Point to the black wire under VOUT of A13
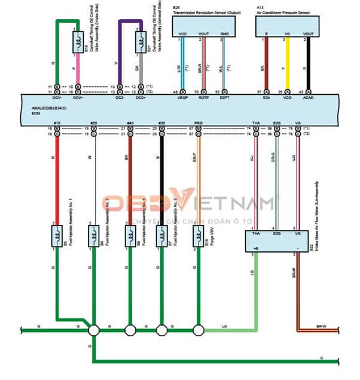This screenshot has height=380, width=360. [309, 63]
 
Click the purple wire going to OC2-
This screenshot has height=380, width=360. [120, 54]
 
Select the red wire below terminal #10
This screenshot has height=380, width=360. [57, 174]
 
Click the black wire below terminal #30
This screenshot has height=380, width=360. [161, 174]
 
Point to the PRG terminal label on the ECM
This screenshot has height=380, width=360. [199, 124]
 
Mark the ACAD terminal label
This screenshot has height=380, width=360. [309, 96]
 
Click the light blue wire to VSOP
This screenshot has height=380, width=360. [183, 63]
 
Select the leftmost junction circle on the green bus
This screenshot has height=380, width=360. [93, 330]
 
